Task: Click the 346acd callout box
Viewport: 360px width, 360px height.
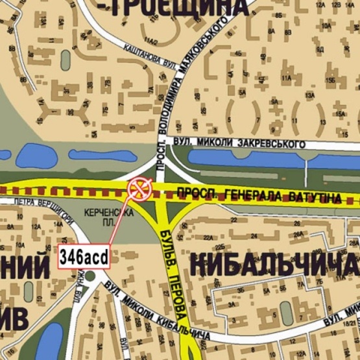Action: point(84,256)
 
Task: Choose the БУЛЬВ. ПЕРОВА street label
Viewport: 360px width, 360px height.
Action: point(172,272)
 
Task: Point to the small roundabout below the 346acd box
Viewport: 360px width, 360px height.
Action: point(90,277)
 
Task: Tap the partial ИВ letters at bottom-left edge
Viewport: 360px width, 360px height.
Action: point(14,318)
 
